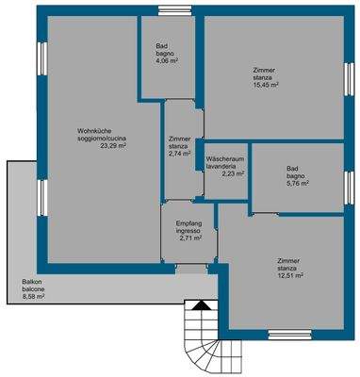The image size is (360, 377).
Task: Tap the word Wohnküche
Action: [x=90, y=131]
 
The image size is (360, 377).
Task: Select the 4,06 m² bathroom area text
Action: [x=167, y=61]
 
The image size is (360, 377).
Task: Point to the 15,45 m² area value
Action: [x=266, y=85]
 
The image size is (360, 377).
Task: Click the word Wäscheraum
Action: [x=225, y=159]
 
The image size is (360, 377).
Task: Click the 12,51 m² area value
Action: [x=290, y=275]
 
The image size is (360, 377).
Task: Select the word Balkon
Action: [x=30, y=282]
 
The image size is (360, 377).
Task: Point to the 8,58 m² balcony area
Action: [x=33, y=296]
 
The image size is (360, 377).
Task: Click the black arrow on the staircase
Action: [x=200, y=305]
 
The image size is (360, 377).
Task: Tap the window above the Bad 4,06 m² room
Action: [x=169, y=10]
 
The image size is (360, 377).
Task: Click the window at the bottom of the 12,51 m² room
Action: [x=290, y=335]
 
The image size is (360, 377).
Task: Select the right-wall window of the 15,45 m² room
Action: [x=349, y=79]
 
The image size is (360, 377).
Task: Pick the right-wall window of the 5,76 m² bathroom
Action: [x=349, y=188]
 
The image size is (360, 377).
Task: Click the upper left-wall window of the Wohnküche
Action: [x=42, y=58]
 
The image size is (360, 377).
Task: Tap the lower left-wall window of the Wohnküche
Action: [x=42, y=198]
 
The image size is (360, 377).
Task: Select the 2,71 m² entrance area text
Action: [x=190, y=238]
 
